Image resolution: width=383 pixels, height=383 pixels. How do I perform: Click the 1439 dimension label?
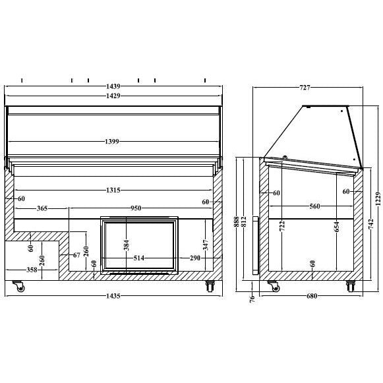113,86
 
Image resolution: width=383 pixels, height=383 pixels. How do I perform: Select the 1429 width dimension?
113,96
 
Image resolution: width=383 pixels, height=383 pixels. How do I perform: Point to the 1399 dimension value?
112,142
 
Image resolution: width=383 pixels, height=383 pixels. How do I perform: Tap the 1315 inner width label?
113,190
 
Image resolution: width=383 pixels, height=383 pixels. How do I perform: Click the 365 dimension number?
42,208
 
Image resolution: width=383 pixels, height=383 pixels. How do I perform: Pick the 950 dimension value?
136,208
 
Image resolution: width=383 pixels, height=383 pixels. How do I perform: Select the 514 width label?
138,258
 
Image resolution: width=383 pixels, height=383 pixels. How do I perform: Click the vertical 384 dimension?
127,245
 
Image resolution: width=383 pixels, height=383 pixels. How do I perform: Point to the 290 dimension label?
195,258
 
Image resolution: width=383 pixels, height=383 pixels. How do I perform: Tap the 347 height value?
206,245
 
